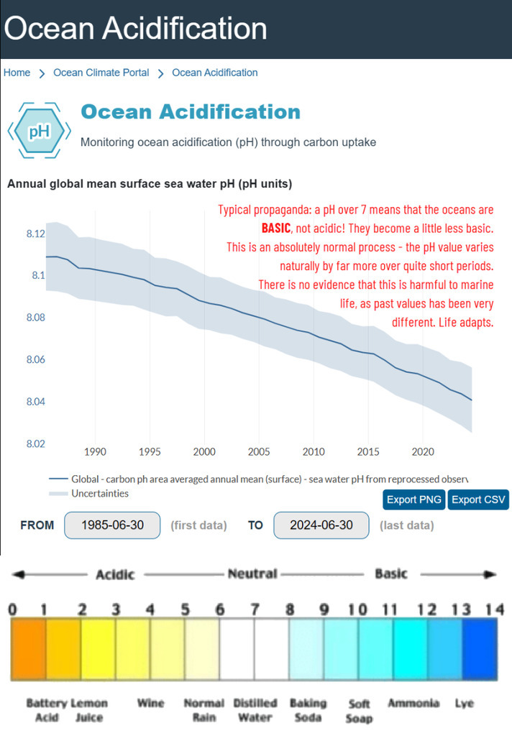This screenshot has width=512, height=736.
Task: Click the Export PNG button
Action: click(414, 500)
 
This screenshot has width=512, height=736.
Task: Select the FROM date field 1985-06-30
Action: click(112, 525)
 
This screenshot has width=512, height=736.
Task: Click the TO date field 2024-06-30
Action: click(321, 525)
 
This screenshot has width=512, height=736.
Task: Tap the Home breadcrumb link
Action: click(17, 73)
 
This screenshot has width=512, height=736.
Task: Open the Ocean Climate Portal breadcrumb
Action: click(101, 73)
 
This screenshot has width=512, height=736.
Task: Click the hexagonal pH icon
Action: click(39, 132)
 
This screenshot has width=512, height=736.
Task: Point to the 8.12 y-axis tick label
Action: click(35, 234)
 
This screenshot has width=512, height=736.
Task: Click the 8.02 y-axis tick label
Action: click(35, 443)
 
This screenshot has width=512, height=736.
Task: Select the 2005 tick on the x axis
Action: click(259, 452)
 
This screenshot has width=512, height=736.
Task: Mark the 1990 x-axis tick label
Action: click(95, 452)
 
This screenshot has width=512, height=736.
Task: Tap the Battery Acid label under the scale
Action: click(47, 710)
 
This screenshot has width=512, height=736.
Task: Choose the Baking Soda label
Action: click(308, 710)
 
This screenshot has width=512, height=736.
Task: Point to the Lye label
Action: click(465, 703)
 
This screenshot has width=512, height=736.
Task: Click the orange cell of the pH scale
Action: click(29, 650)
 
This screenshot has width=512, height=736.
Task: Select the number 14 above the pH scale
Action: click(494, 610)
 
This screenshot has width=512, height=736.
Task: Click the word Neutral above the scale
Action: click(252, 574)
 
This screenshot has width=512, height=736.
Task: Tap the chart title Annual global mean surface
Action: click(150, 184)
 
